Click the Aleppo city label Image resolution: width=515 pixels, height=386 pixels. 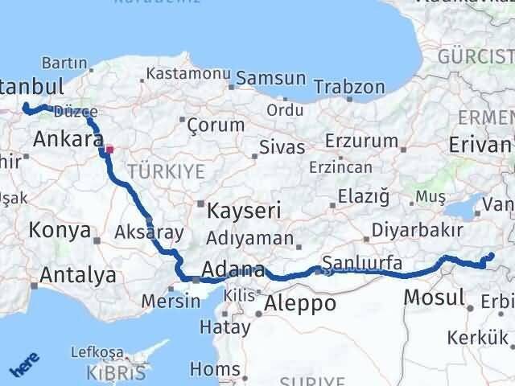(300, 303)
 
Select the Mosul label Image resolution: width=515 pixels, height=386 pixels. (435, 296)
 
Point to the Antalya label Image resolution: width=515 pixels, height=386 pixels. (78, 275)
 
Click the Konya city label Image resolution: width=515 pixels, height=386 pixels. (59, 231)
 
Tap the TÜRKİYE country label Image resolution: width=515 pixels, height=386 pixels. (155, 171)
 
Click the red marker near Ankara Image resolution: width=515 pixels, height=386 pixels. (110, 148)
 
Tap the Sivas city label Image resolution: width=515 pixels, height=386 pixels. (282, 148)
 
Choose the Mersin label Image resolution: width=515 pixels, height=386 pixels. (170, 302)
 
